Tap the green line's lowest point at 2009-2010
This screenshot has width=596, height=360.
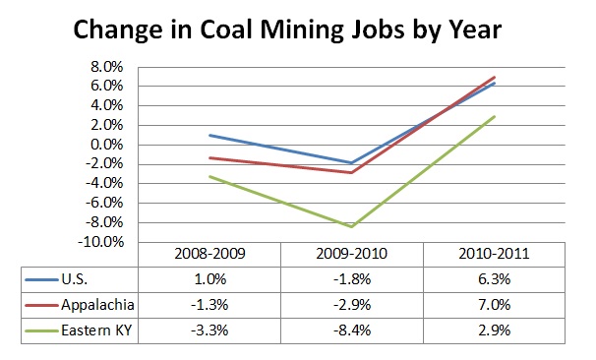[x=351, y=226]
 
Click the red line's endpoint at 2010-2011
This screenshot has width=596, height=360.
[x=495, y=77]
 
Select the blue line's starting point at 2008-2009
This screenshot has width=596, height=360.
[x=209, y=135]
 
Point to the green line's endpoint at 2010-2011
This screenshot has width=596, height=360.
[x=495, y=116]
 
